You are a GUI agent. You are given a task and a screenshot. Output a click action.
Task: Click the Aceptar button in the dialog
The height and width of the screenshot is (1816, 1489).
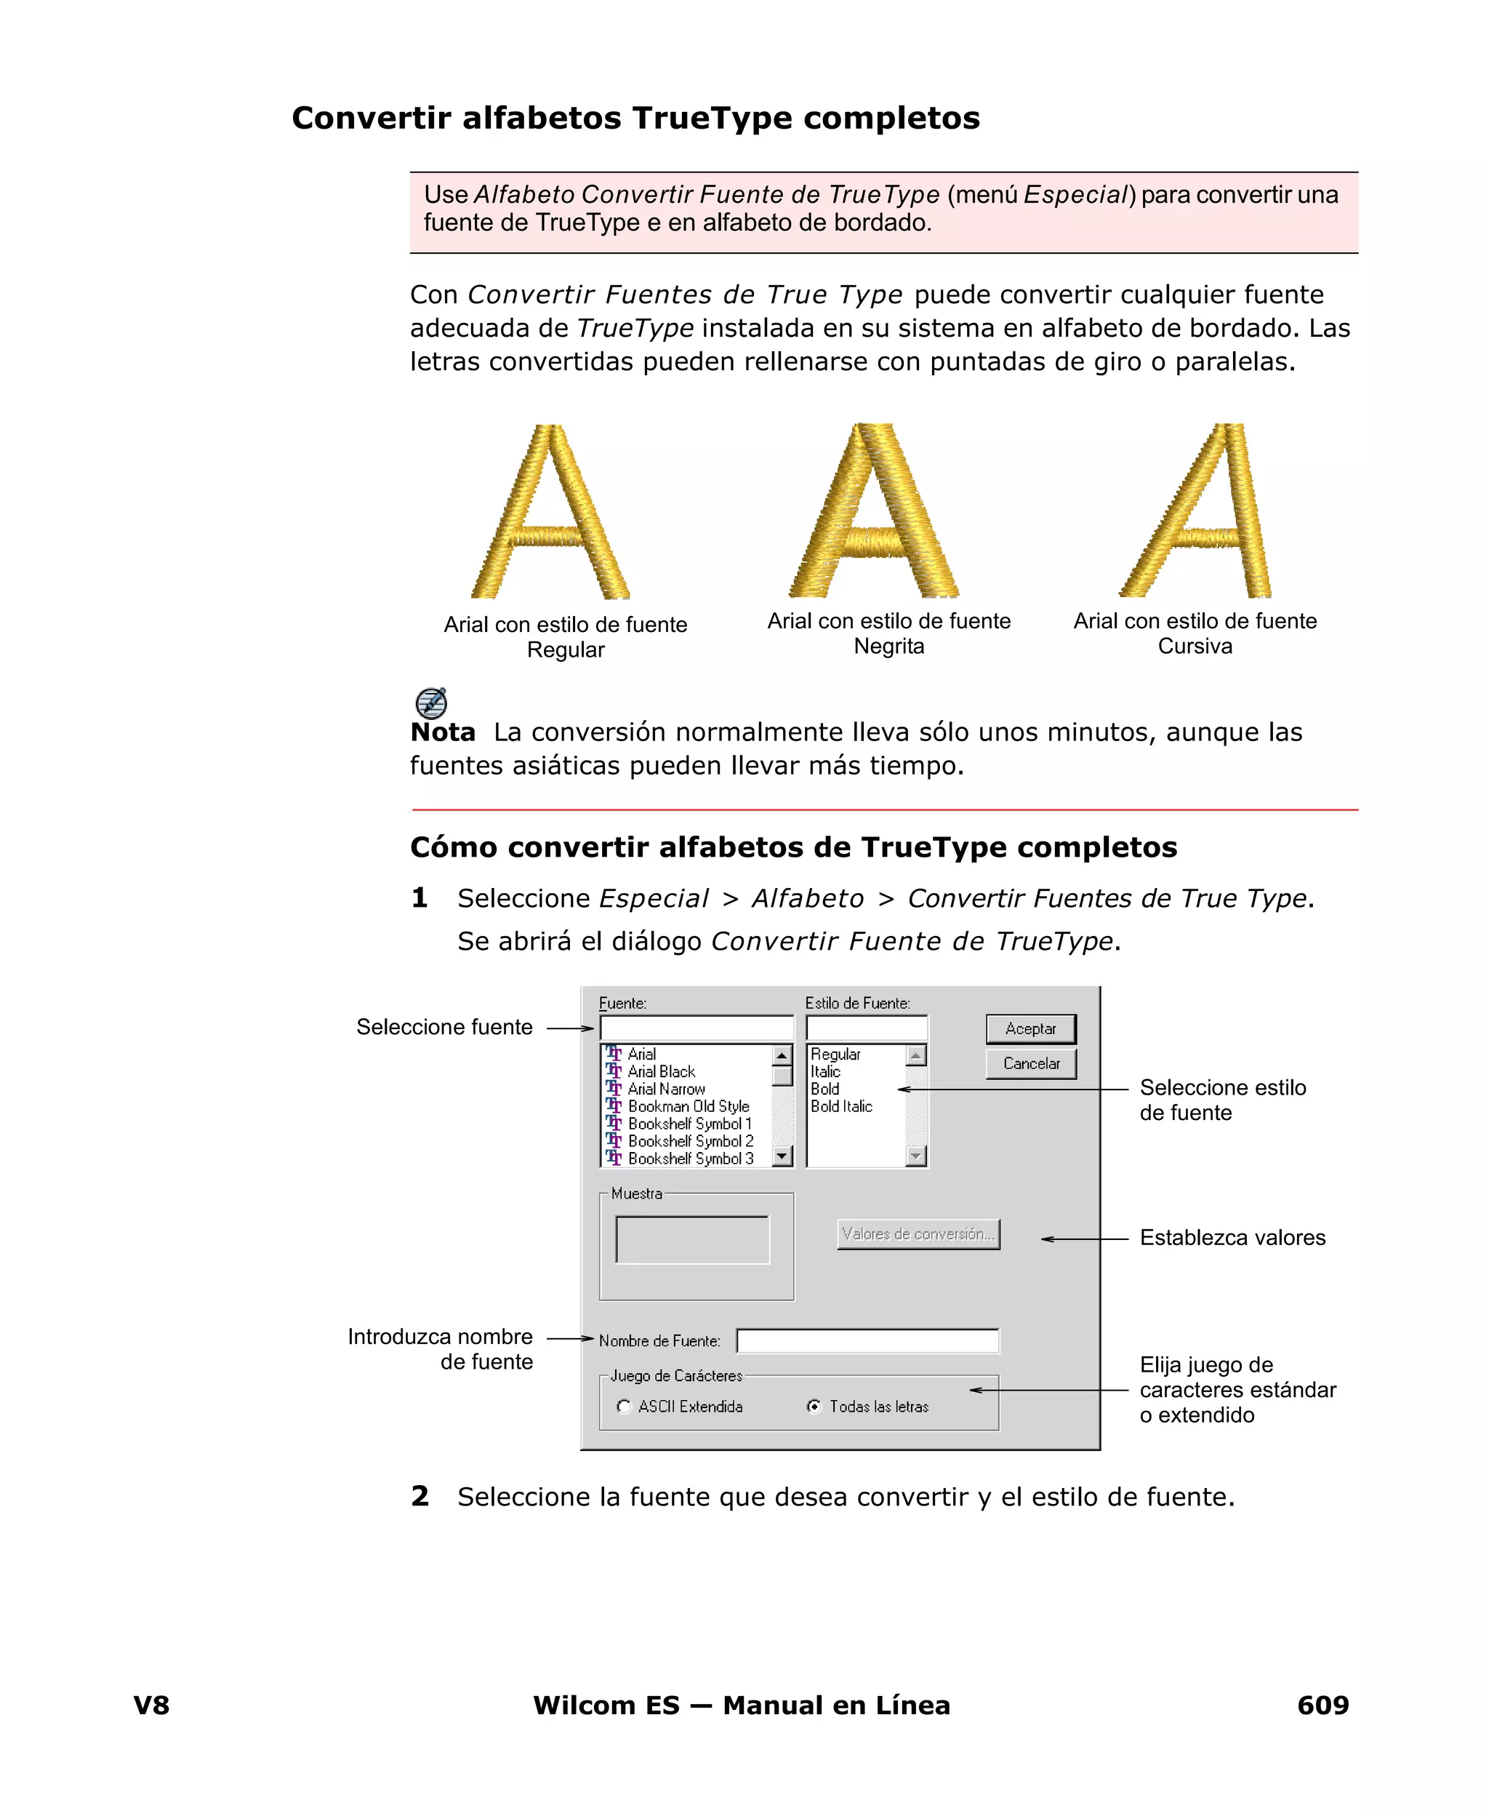tap(1030, 1028)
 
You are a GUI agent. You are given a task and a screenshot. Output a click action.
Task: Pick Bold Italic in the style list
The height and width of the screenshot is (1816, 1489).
tap(840, 1107)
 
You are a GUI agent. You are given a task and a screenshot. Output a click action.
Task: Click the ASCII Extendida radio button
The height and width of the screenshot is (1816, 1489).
tap(625, 1407)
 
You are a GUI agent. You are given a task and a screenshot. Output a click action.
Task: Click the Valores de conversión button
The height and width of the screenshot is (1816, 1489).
tap(918, 1234)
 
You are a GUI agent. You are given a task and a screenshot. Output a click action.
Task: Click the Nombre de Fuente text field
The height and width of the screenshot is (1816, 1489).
tap(867, 1341)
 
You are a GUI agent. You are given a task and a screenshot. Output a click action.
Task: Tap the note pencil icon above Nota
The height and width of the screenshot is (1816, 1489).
tap(430, 703)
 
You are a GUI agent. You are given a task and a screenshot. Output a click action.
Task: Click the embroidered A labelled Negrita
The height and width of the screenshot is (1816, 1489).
tap(873, 512)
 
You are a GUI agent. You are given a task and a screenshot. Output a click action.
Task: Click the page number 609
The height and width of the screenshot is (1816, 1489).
tap(1323, 1705)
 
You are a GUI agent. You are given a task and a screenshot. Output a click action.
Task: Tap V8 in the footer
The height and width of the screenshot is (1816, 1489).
tap(152, 1705)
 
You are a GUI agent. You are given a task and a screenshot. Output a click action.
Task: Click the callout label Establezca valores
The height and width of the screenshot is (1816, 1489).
tap(1232, 1238)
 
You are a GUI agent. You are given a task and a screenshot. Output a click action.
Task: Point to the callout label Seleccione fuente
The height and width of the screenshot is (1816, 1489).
tap(444, 1027)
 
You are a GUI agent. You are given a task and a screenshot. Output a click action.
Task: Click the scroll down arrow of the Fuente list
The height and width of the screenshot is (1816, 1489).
tap(782, 1157)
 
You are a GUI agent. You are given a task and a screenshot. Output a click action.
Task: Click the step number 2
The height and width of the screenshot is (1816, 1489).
tap(420, 1496)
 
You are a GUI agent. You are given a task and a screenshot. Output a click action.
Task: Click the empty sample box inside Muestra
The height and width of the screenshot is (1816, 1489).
tap(692, 1239)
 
